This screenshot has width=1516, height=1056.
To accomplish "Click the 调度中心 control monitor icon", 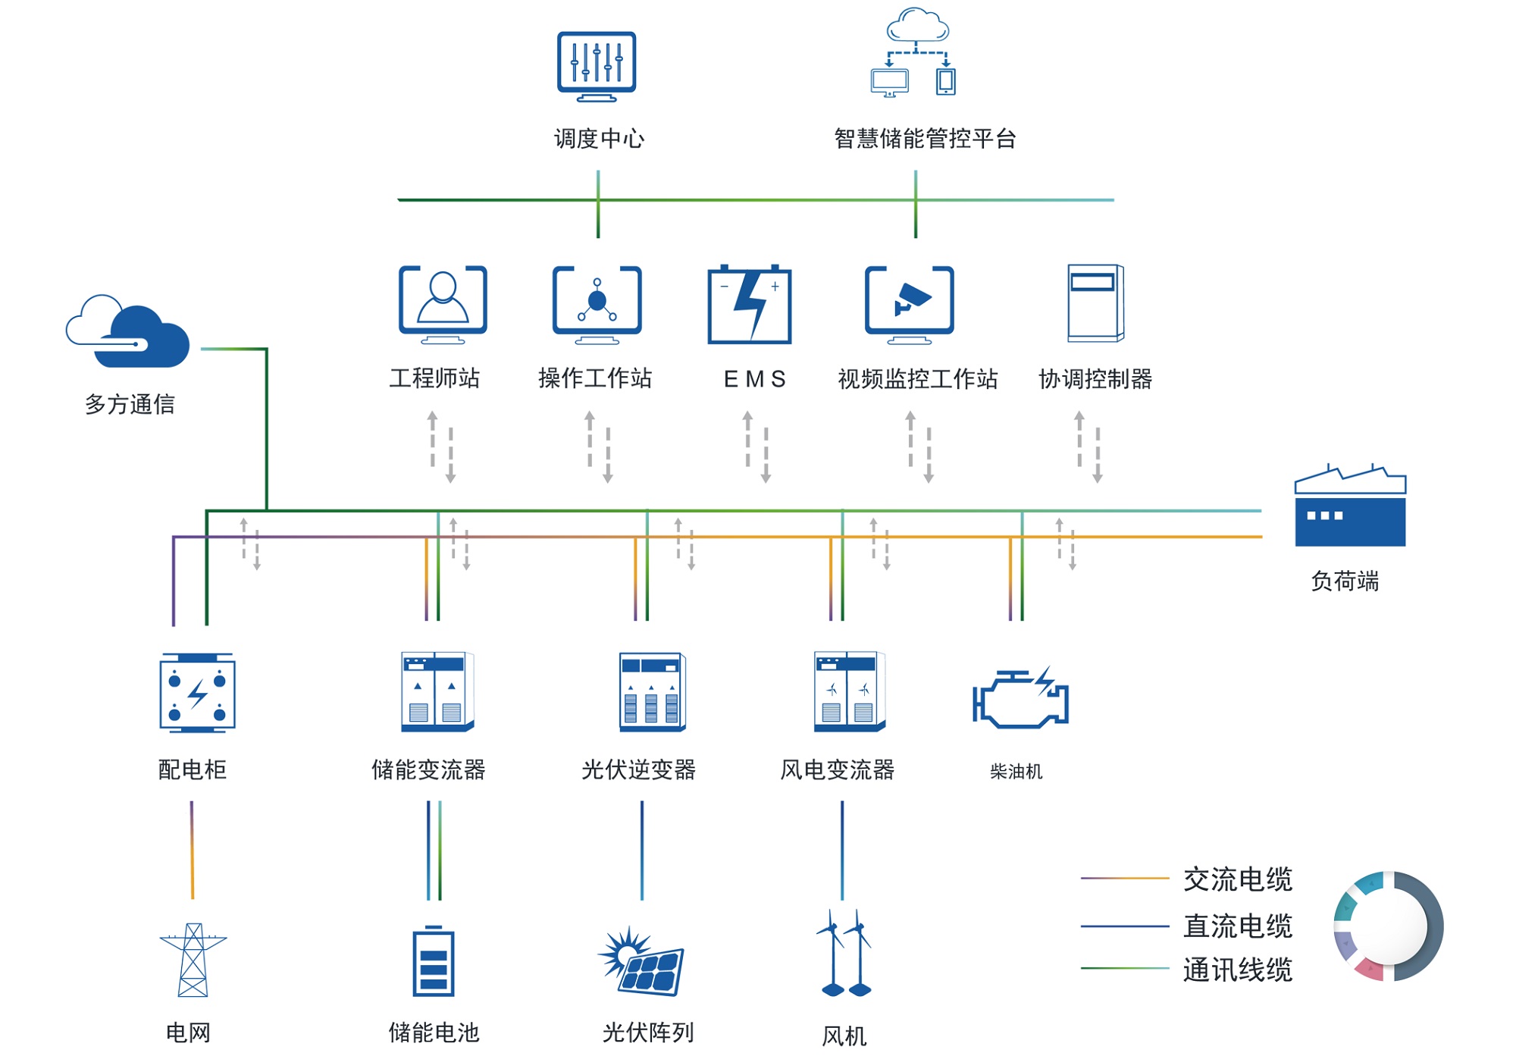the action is click(597, 67).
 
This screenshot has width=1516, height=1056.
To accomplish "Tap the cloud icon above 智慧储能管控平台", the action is click(917, 25).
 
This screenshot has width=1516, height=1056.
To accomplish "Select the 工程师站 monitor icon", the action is click(443, 305).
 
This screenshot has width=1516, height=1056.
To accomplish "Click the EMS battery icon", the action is click(750, 304).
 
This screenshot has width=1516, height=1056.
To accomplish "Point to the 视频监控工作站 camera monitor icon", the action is click(910, 305).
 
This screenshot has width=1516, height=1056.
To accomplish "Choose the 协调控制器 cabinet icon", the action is click(1095, 303).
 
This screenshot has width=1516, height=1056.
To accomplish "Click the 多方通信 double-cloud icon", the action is click(127, 331).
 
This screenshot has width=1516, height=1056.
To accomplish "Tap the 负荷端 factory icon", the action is click(1350, 505).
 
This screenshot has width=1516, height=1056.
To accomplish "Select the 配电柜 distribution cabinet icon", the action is click(197, 693).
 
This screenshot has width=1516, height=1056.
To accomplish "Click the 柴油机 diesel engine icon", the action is click(1020, 697).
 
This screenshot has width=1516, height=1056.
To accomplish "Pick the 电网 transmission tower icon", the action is click(193, 960).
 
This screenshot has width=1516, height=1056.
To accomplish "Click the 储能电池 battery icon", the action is click(434, 960).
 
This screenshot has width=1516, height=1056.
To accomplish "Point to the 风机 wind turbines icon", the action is click(844, 953).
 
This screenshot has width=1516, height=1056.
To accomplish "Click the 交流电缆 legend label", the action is click(1238, 879).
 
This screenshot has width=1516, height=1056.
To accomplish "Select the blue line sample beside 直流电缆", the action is click(1125, 926).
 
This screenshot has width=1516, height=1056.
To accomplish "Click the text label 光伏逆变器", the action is click(638, 769).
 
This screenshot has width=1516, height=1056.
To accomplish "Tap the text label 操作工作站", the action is click(595, 378).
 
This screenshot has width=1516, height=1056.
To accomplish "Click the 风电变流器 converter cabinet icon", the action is click(850, 691).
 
